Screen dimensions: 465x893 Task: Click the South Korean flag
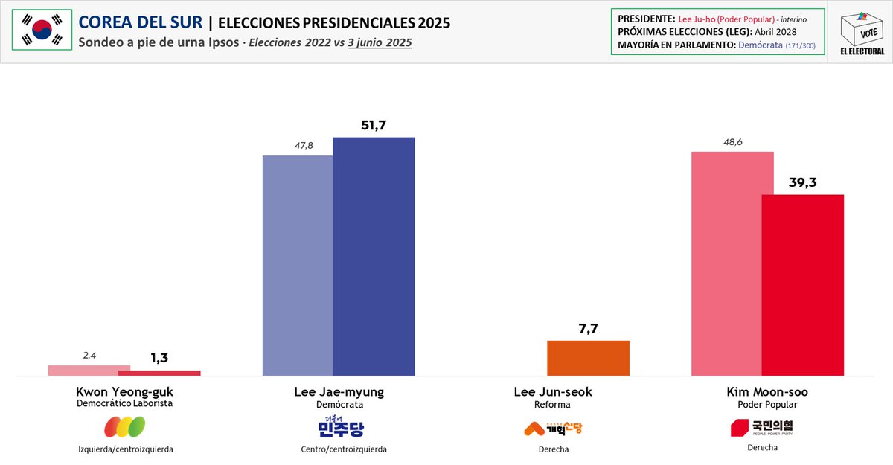(x=41, y=31)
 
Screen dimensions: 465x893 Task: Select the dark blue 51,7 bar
(x=374, y=257)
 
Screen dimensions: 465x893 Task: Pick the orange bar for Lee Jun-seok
(x=588, y=358)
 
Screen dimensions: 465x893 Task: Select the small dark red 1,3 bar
(x=159, y=373)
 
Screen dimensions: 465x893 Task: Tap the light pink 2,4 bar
(x=89, y=370)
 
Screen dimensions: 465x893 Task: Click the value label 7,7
(x=588, y=327)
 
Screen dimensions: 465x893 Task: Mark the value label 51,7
(x=374, y=124)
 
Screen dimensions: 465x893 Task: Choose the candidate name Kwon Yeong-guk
(x=125, y=391)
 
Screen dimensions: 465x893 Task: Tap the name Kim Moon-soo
(x=766, y=391)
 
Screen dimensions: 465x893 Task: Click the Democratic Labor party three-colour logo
(x=124, y=427)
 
